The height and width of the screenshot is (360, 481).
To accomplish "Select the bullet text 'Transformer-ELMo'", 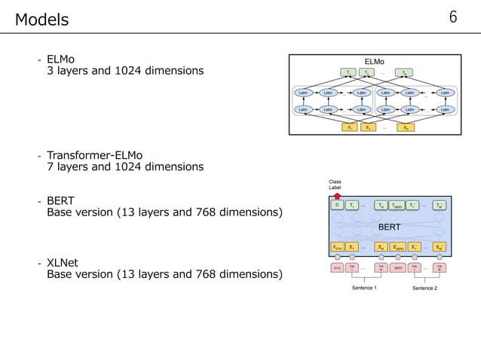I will pos(94,156).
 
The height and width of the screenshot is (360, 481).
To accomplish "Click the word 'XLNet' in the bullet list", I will pos(63,262).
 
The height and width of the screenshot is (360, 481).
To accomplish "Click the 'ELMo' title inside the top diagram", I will pos(375,61).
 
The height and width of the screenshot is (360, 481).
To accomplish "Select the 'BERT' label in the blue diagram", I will pos(389,225).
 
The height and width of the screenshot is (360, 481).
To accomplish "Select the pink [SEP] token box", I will pos(397,267).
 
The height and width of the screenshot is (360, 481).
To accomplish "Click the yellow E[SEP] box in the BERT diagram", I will pos(398,246).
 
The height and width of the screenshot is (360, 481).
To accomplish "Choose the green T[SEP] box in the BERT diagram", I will pos(398,205).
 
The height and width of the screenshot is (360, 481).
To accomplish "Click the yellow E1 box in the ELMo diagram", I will pos(349,127).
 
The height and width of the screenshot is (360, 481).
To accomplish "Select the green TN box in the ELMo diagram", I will pos(406,73).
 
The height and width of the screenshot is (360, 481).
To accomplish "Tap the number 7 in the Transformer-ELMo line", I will pos(50,166).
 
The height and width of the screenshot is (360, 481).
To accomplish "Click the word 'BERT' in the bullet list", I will pos(60,202).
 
